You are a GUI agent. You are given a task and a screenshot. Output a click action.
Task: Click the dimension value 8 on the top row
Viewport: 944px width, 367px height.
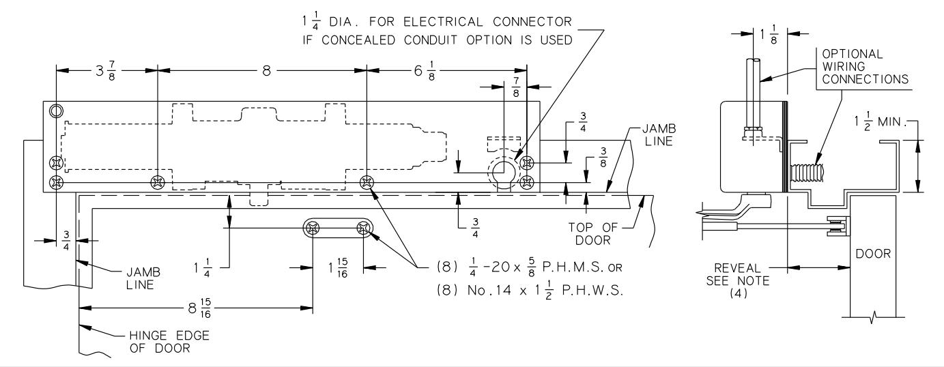[x=266, y=71]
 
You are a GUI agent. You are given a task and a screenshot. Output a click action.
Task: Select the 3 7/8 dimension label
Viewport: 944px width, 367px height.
[x=105, y=71]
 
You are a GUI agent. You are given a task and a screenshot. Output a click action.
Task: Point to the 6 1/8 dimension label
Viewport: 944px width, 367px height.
[x=425, y=71]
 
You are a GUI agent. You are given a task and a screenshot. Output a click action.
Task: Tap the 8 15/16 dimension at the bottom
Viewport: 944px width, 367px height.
[x=200, y=308]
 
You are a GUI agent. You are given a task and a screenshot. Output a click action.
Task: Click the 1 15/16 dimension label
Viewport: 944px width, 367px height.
[x=338, y=268]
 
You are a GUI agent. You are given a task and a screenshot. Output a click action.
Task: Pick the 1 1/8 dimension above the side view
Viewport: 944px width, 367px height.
[x=769, y=34]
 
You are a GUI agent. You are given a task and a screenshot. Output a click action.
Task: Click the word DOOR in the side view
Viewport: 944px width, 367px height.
[x=873, y=254]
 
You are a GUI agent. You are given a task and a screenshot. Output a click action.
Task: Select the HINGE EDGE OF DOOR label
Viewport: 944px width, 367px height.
[x=169, y=342]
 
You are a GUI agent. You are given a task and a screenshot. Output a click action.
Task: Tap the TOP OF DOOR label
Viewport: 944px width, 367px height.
[x=592, y=234]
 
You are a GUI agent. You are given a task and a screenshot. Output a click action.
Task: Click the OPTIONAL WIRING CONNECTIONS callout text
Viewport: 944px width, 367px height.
[x=865, y=67]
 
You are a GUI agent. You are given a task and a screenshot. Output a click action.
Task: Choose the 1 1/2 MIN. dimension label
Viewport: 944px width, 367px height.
[x=880, y=122]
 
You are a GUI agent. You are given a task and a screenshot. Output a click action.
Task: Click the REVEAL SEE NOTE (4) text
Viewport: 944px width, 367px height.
[x=738, y=280]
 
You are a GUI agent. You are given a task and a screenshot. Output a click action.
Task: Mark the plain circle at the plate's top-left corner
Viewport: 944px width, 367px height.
[x=55, y=111]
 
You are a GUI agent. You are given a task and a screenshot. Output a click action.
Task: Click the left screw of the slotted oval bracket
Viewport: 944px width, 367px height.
[x=313, y=229]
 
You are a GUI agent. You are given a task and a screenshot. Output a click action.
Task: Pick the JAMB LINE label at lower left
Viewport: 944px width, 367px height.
[x=143, y=278]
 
